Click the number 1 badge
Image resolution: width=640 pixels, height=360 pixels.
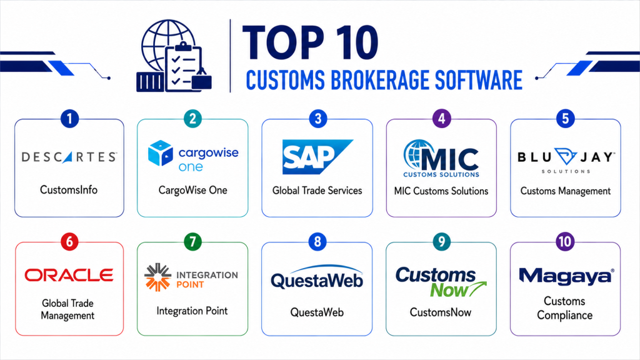click(69, 119)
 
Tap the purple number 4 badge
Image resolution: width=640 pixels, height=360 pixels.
click(441, 119)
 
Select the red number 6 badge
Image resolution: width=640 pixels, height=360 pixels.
click(69, 242)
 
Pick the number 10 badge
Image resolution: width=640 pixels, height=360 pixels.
click(565, 242)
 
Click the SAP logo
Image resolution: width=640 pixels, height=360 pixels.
click(317, 157)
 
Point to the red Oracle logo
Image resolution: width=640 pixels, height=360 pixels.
click(69, 275)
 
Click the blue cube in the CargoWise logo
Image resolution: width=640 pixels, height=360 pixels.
click(161, 153)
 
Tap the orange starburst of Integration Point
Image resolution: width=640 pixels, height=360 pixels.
click(157, 277)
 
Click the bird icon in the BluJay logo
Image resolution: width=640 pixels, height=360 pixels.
click(565, 157)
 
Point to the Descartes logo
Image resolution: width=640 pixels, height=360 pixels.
click(69, 157)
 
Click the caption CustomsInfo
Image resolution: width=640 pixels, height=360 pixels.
click(69, 190)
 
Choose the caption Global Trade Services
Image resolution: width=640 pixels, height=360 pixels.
click(317, 191)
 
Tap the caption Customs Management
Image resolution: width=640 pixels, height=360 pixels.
click(565, 191)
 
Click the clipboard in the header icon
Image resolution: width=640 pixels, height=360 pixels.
click(183, 67)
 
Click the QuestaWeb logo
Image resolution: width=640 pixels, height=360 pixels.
click(317, 277)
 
